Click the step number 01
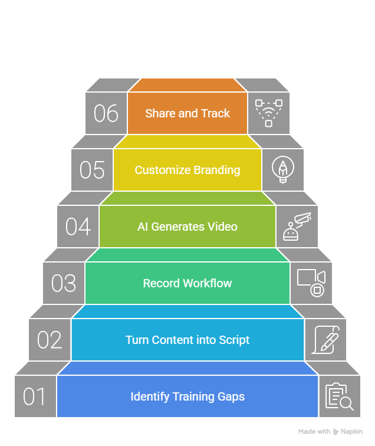pyautogui.click(x=35, y=396)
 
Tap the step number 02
pyautogui.click(x=50, y=340)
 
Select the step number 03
pyautogui.click(x=64, y=283)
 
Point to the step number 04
pyautogui.click(x=78, y=227)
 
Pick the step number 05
pyautogui.click(x=92, y=170)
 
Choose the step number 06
pyautogui.click(x=106, y=113)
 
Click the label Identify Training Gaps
pyautogui.click(x=187, y=396)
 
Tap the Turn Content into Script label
pyautogui.click(x=187, y=340)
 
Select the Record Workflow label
pyautogui.click(x=187, y=283)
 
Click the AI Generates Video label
pyautogui.click(x=187, y=227)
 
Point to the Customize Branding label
pyautogui.click(x=187, y=170)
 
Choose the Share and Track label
pyautogui.click(x=187, y=113)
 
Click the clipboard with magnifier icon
pyautogui.click(x=340, y=396)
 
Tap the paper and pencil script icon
pyautogui.click(x=325, y=340)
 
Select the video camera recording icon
pyautogui.click(x=311, y=283)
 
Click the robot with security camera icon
pyautogui.click(x=297, y=227)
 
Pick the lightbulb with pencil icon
pyautogui.click(x=283, y=170)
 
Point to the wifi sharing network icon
pyautogui.click(x=268, y=113)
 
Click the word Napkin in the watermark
pyautogui.click(x=353, y=432)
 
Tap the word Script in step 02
pyautogui.click(x=234, y=340)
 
